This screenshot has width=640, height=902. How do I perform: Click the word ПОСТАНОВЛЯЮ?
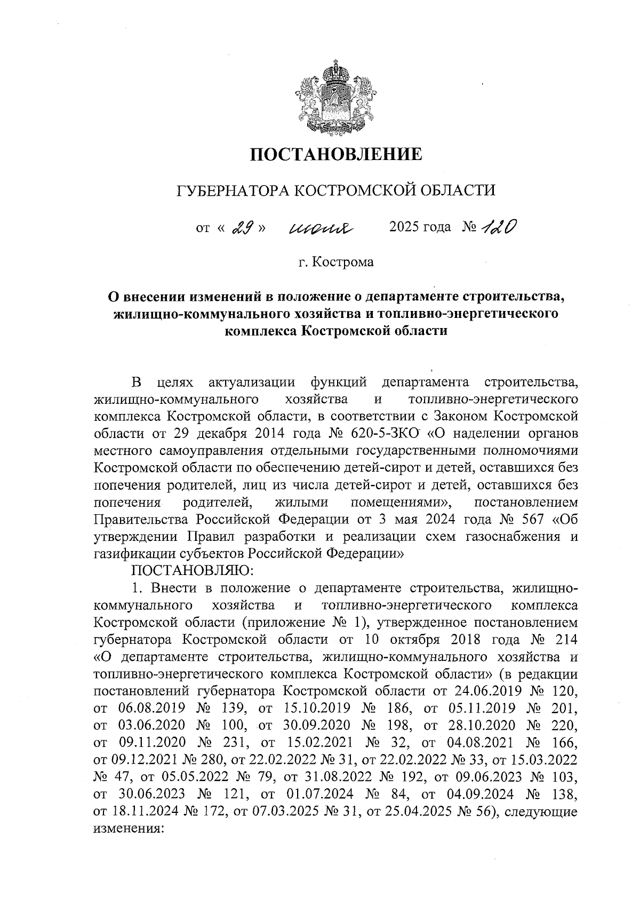click(x=189, y=571)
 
